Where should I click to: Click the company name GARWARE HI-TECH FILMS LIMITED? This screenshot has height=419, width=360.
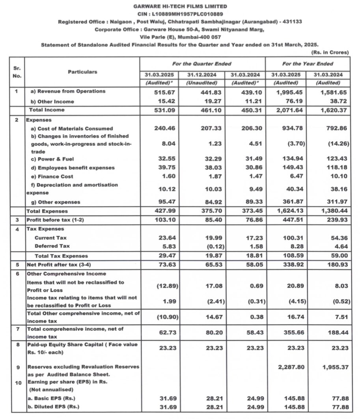180,7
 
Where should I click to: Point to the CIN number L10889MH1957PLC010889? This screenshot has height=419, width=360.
180,14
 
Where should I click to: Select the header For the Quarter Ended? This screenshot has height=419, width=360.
201,64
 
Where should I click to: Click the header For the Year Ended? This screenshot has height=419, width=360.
308,64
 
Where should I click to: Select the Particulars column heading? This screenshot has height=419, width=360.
82,72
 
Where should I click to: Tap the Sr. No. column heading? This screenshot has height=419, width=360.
17,72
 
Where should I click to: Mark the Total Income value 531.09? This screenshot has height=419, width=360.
163,110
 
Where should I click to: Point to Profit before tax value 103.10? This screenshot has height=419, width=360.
163,219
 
